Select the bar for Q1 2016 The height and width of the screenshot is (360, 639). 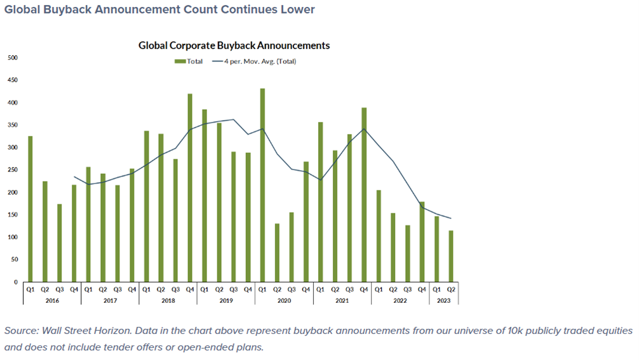click(x=30, y=209)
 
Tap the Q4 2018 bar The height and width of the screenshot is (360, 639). click(x=190, y=188)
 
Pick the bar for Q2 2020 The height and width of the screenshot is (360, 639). click(x=277, y=253)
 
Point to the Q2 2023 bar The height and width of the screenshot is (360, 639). click(x=451, y=257)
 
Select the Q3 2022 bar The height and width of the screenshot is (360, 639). click(x=407, y=253)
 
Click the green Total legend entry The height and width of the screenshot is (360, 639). click(x=189, y=62)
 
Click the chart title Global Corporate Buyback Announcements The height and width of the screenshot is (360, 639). click(x=234, y=46)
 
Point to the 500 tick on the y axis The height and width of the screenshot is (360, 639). click(x=13, y=58)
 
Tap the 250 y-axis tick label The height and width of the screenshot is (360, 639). click(x=13, y=170)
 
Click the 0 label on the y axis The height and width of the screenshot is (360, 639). click(x=17, y=282)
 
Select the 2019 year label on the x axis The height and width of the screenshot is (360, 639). click(x=226, y=300)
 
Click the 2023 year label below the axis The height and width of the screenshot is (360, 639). click(x=443, y=300)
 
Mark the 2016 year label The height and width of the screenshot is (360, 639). click(x=52, y=300)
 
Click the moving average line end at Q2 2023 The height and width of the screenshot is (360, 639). click(x=451, y=218)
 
